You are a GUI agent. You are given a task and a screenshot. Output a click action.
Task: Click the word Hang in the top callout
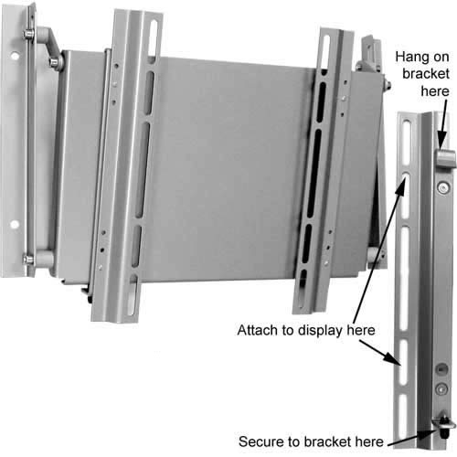(x=411, y=58)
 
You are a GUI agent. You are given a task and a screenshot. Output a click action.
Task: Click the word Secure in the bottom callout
(x=260, y=441)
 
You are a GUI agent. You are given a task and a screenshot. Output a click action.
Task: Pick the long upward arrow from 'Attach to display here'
(x=379, y=249)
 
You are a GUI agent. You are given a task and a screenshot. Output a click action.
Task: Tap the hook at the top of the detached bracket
(x=446, y=158)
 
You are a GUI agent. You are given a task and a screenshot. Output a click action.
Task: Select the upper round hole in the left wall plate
(x=15, y=56)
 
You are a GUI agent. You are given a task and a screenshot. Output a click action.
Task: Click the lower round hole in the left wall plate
(x=14, y=225)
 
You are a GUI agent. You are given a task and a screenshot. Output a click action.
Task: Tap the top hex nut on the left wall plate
(x=28, y=34)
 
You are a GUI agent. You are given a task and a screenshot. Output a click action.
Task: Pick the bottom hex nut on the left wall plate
(x=29, y=260)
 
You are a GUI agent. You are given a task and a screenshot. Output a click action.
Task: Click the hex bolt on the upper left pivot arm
(x=54, y=62)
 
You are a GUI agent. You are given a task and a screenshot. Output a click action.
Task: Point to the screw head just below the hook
(x=443, y=187)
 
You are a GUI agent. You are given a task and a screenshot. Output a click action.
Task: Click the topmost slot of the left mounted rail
(x=154, y=37)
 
